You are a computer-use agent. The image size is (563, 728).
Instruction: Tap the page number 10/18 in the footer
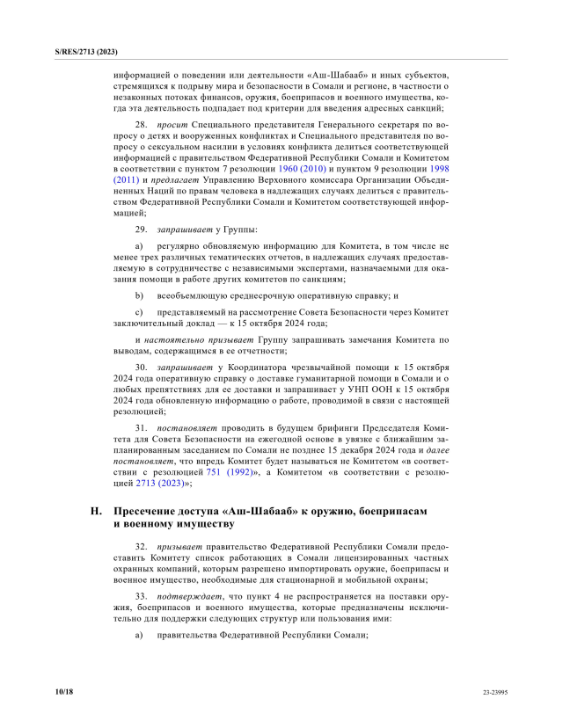pyautogui.click(x=64, y=693)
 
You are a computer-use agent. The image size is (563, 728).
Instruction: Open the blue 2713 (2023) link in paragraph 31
pyautogui.click(x=158, y=483)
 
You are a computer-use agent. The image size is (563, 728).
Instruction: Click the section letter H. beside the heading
pyautogui.click(x=97, y=510)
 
